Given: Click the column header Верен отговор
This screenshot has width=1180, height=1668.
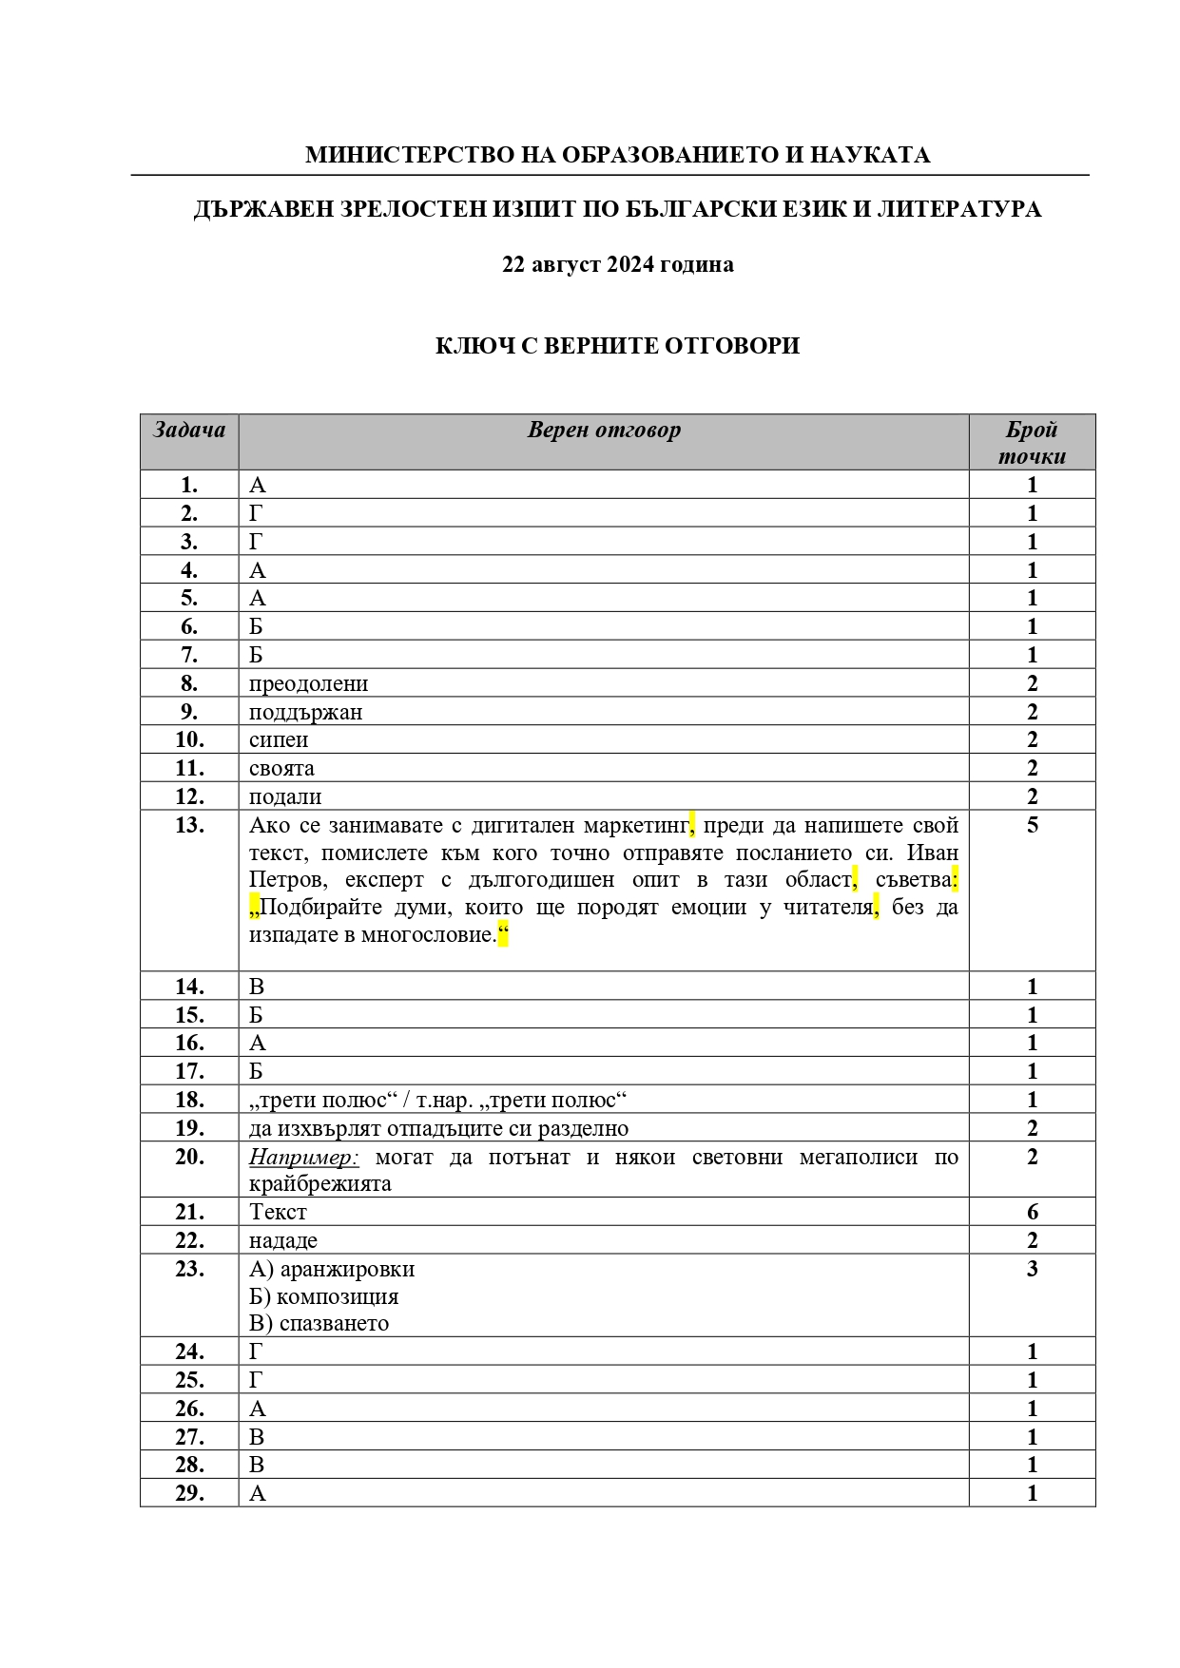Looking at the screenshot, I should [x=604, y=431].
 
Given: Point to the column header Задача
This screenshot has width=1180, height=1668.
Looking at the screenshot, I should [x=189, y=431].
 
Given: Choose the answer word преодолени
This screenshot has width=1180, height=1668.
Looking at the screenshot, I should [x=308, y=683].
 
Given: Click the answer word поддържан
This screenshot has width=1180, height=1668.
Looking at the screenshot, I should [x=305, y=712].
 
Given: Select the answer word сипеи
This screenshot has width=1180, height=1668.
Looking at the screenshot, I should [x=279, y=739].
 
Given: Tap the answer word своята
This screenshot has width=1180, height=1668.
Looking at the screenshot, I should [x=281, y=768].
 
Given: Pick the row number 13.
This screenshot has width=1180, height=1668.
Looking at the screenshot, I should [x=189, y=825].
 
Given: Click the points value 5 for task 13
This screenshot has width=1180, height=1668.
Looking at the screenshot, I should [x=1033, y=825].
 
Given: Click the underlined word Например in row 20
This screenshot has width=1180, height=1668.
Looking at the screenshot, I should [x=303, y=1158].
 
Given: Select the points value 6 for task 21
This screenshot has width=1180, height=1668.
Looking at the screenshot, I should [x=1033, y=1212].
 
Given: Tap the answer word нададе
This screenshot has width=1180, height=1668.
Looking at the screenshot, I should [x=283, y=1240].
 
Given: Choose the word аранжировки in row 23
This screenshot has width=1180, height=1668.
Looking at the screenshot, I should [x=347, y=1269].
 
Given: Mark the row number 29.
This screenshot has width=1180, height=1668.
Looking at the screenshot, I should [x=189, y=1493].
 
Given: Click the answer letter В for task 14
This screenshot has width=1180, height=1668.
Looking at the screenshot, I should [x=257, y=987].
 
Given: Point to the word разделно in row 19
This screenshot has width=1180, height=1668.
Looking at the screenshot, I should [x=587, y=1128].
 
